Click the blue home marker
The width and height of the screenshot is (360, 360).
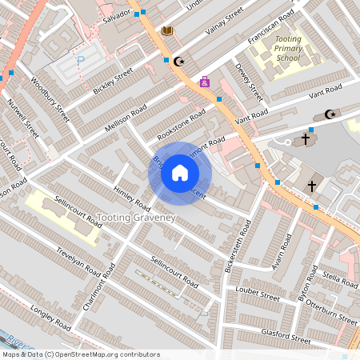[180, 173]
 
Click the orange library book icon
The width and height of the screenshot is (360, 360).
[167, 30]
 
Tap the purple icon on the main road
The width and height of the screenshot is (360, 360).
[205, 81]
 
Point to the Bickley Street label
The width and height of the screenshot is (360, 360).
[112, 82]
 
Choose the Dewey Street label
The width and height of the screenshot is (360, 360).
[250, 79]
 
